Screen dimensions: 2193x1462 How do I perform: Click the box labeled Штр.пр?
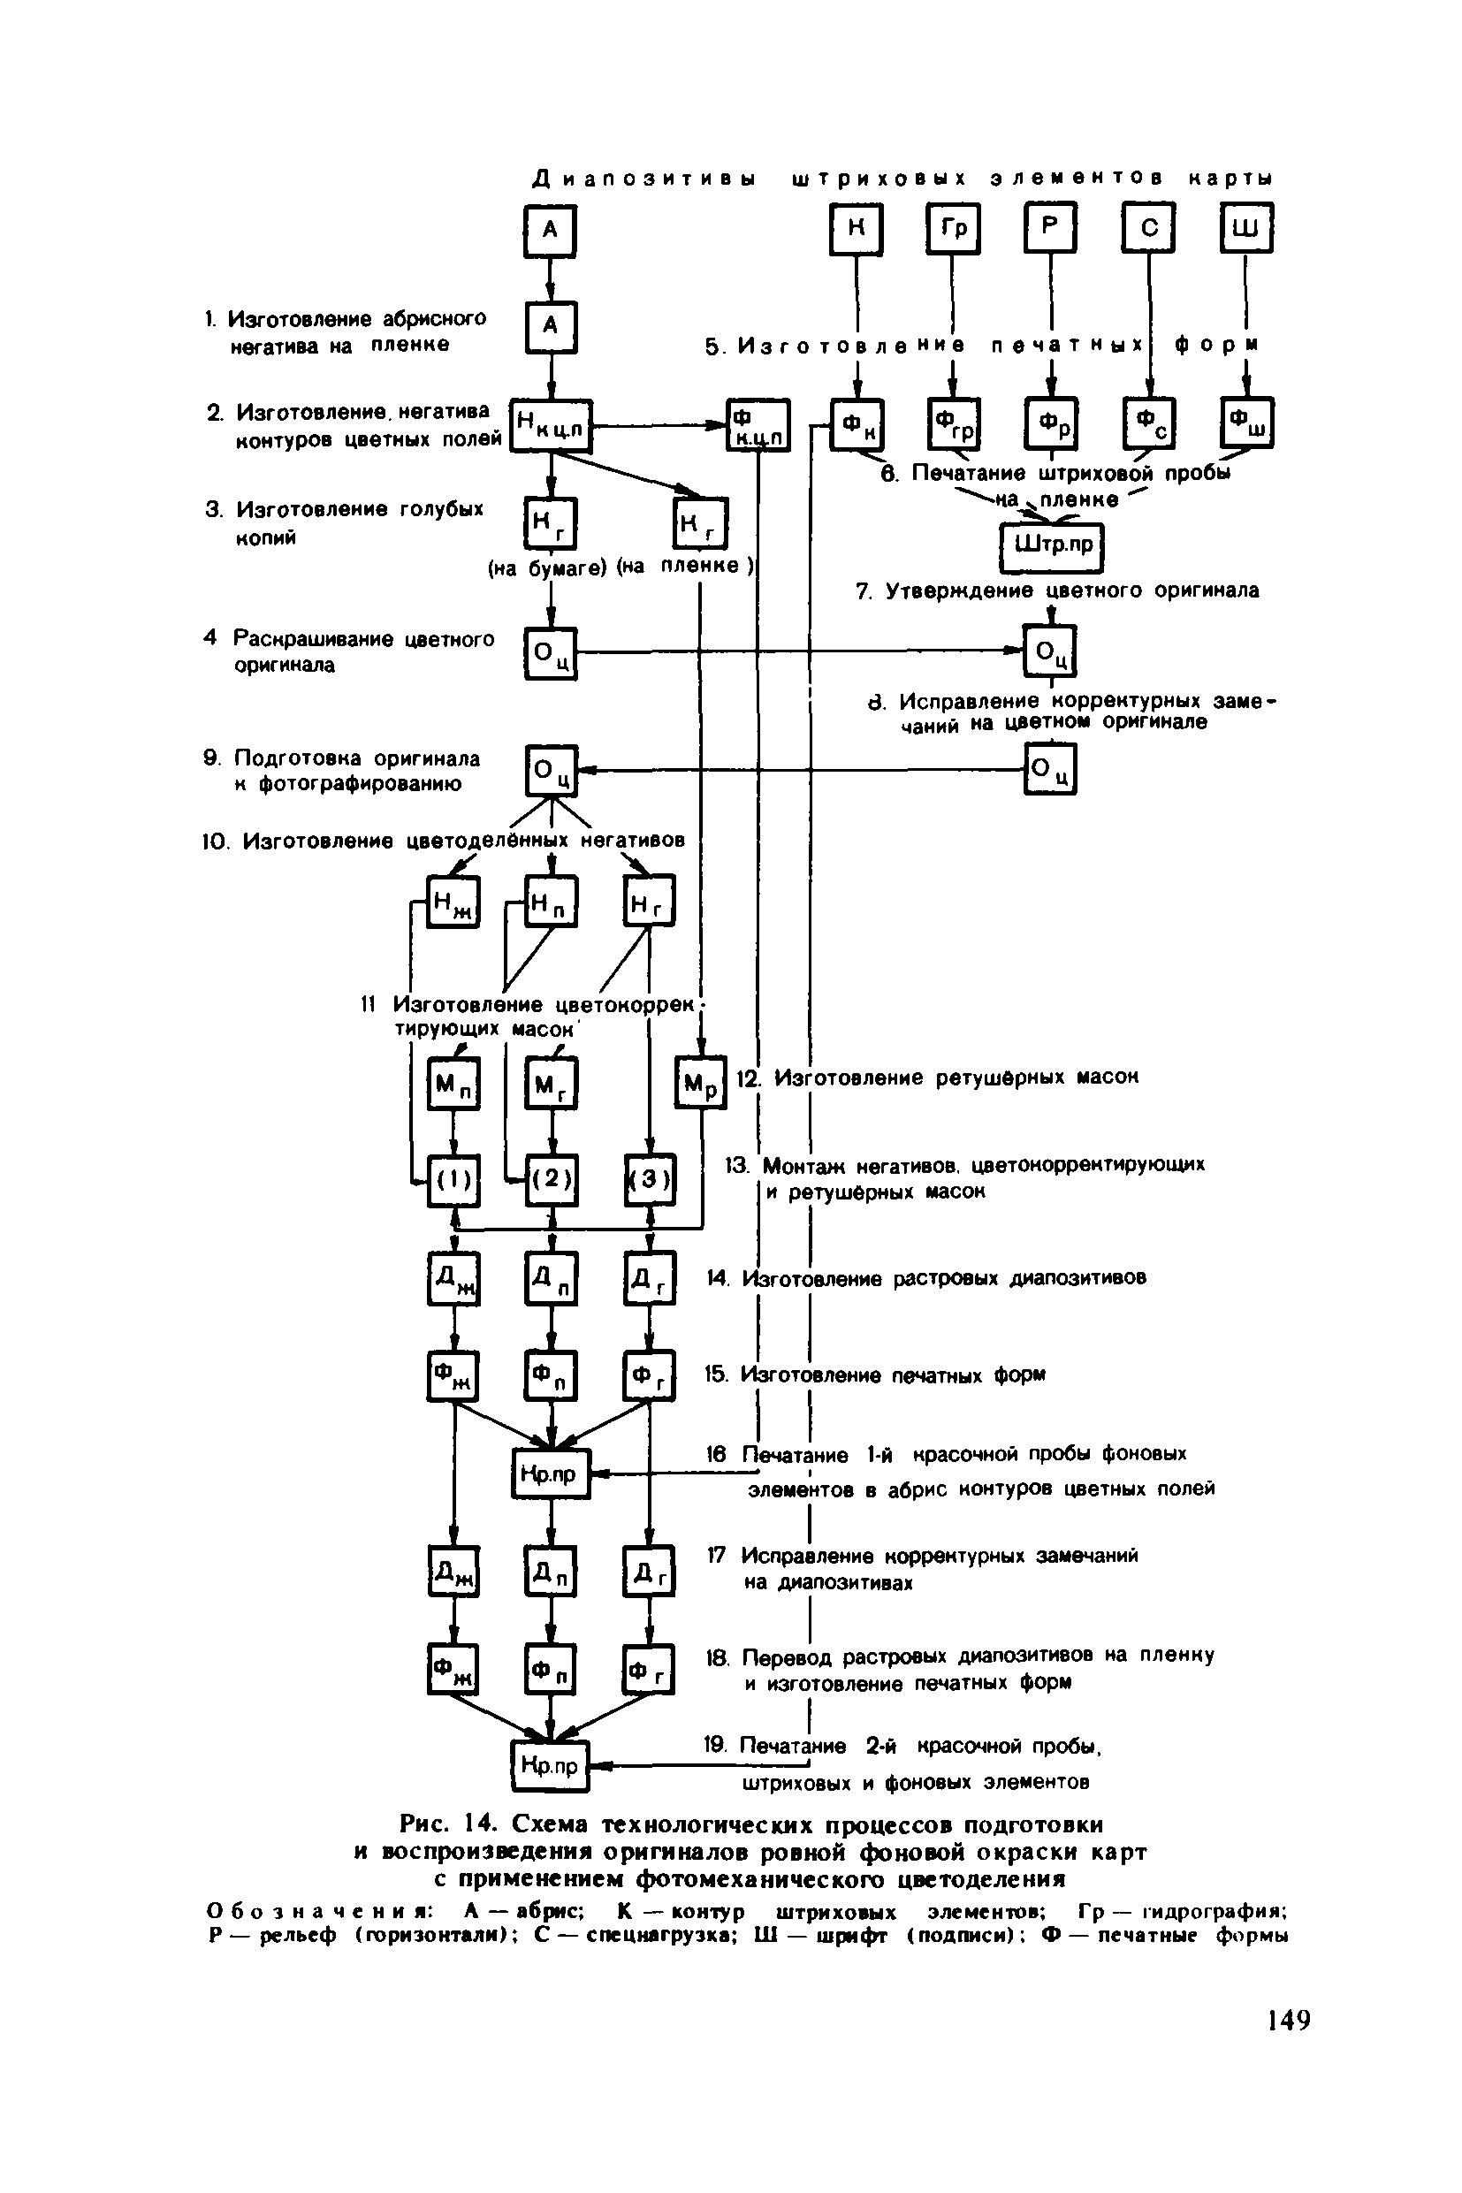(x=1051, y=547)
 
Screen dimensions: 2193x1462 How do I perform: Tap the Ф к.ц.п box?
(x=758, y=425)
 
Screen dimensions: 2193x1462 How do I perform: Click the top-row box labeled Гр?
(x=952, y=229)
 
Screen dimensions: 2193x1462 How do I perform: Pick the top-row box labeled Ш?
(x=1245, y=229)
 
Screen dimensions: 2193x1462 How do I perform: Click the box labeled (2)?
(x=551, y=1179)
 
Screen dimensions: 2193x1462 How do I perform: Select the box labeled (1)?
(x=453, y=1179)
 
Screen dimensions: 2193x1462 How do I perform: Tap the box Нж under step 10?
(x=453, y=902)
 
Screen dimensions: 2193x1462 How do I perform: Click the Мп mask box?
(x=453, y=1083)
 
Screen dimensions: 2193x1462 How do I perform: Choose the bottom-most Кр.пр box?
(x=550, y=1765)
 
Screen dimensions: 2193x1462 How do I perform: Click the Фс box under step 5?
(x=1148, y=423)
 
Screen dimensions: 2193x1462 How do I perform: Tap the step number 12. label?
(x=749, y=1077)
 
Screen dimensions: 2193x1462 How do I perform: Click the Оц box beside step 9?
(x=551, y=770)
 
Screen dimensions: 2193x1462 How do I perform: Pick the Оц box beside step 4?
(x=551, y=652)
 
